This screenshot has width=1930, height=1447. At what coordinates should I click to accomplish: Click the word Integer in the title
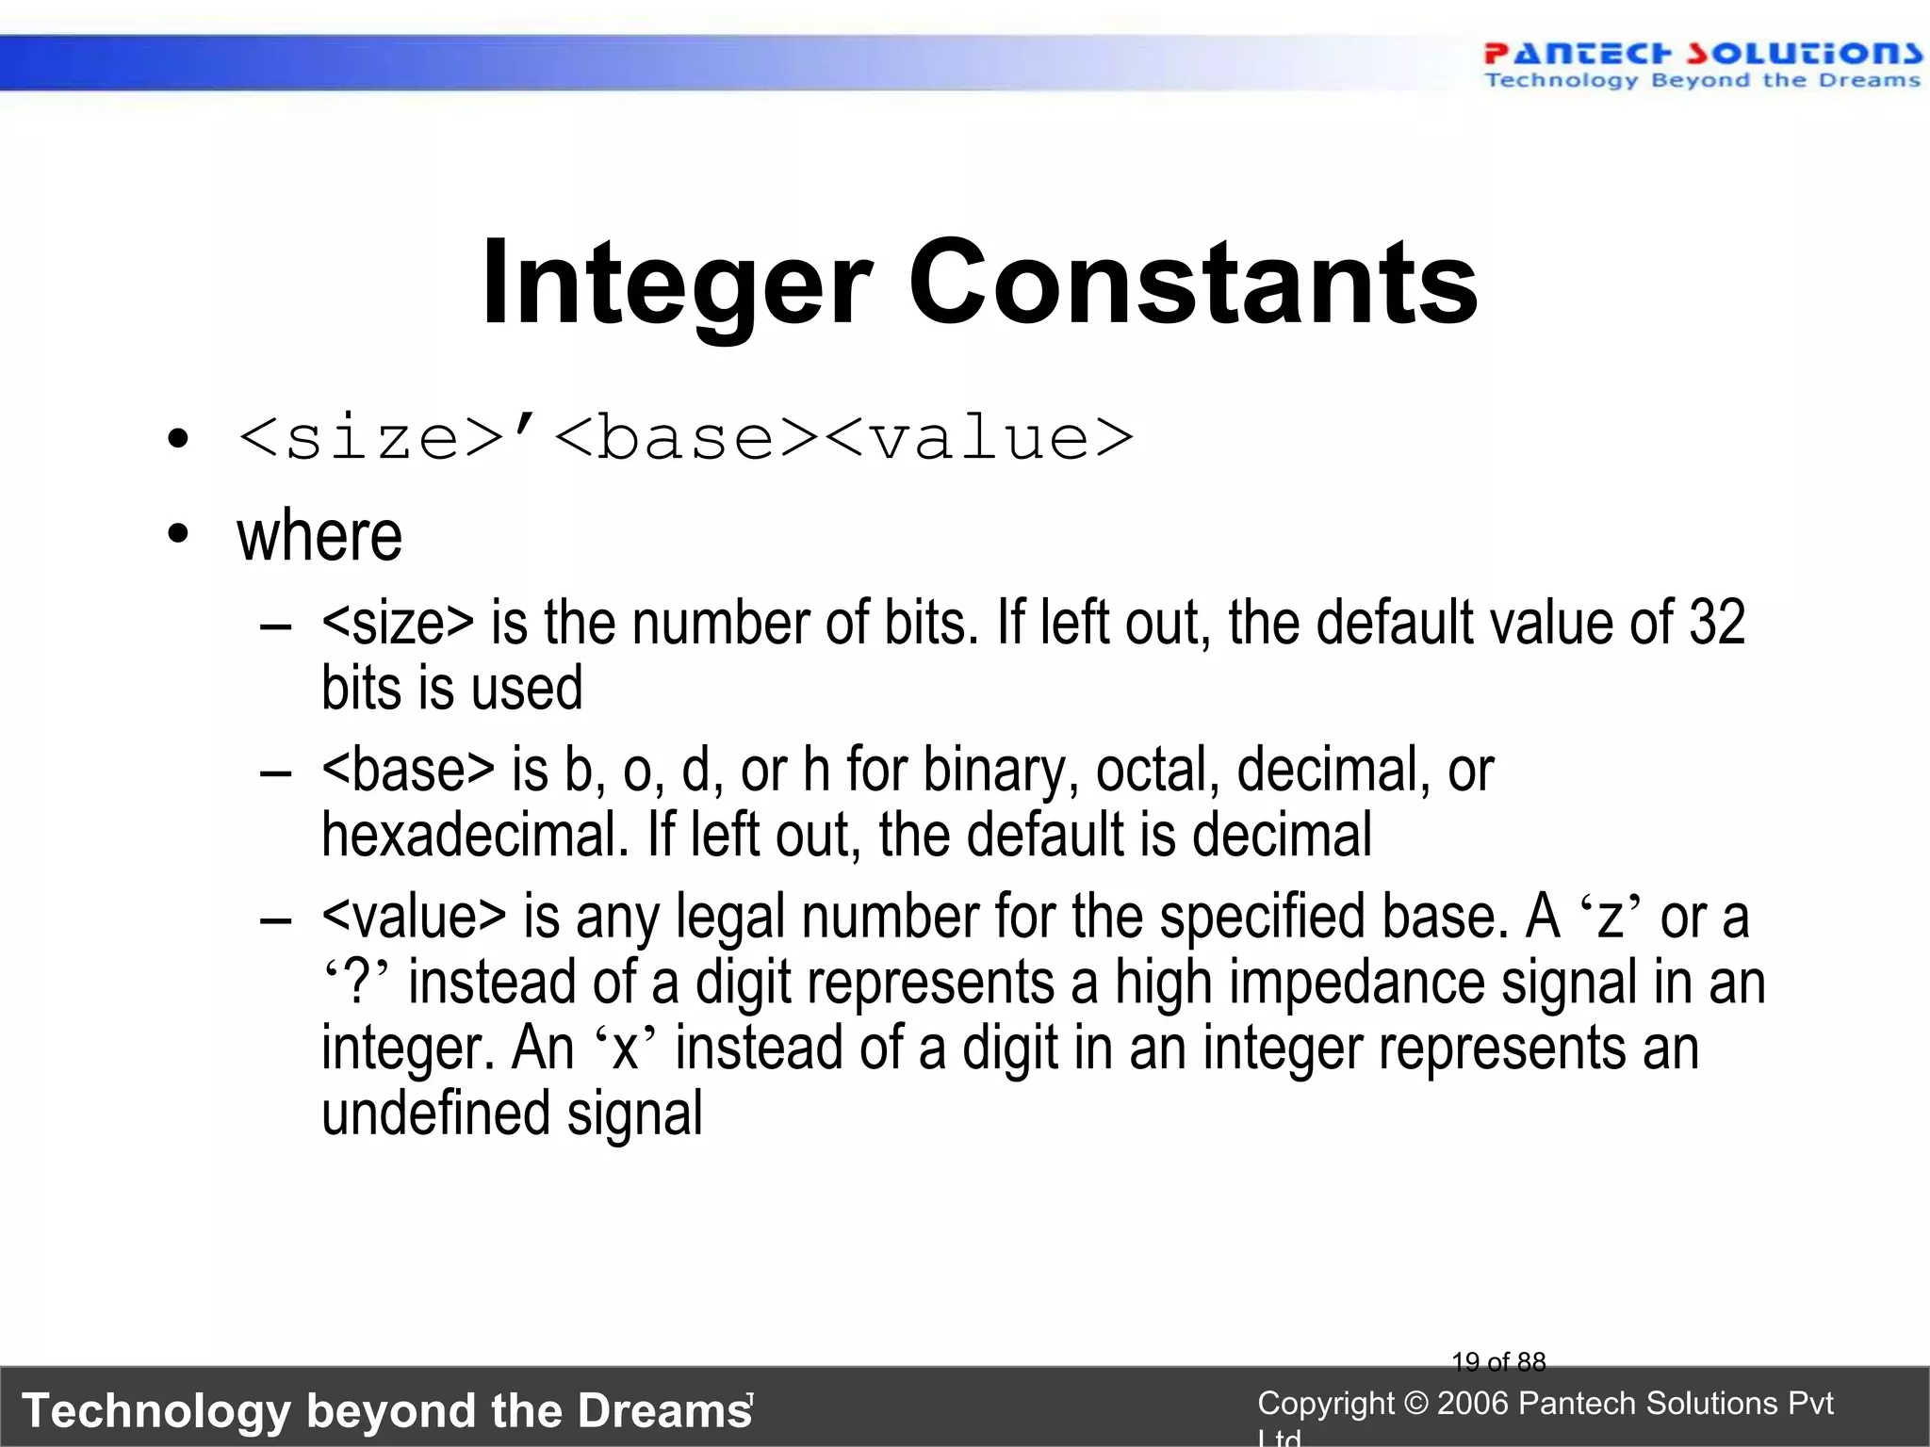pos(675,283)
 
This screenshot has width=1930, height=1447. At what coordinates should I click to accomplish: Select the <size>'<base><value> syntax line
pos(685,439)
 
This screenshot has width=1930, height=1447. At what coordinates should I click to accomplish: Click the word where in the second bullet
pos(319,536)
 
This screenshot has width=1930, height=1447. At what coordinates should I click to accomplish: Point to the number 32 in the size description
pos(1716,623)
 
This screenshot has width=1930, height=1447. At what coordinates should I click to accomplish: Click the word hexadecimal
pos(474,836)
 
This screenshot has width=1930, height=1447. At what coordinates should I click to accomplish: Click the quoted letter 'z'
pos(1610,918)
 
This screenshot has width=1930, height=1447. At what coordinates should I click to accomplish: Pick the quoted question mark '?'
pos(356,983)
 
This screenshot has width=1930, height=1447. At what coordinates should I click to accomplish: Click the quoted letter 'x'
pos(625,1049)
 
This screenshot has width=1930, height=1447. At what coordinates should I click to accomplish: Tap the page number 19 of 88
pos(1498,1361)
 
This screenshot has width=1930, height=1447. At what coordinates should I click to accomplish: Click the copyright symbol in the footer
pos(1415,1404)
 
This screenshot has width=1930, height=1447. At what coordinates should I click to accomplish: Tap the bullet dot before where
pos(177,536)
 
